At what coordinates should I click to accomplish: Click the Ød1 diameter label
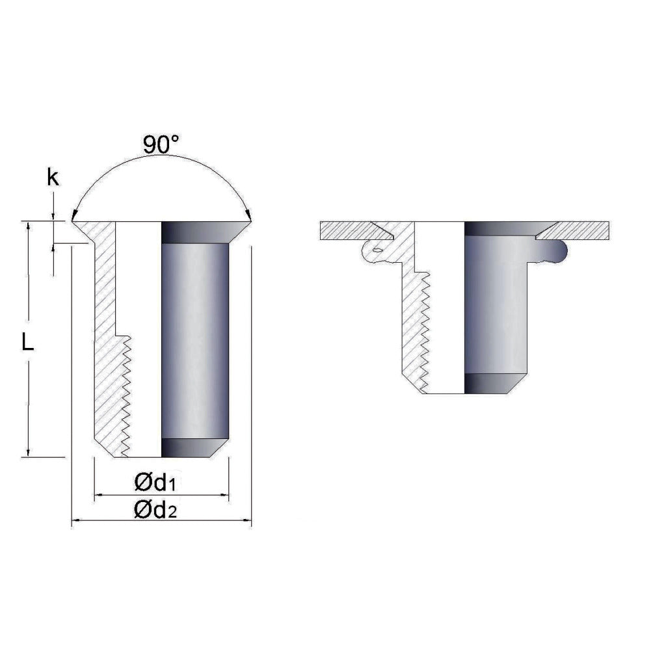155,483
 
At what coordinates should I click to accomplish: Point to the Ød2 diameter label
155,509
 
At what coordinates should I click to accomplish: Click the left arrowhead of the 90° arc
74,216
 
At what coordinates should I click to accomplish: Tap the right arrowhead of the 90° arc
249,216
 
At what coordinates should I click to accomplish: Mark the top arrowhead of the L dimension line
29,226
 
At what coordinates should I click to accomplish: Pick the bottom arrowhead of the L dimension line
29,453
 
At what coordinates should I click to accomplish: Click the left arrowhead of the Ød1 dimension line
98,495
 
